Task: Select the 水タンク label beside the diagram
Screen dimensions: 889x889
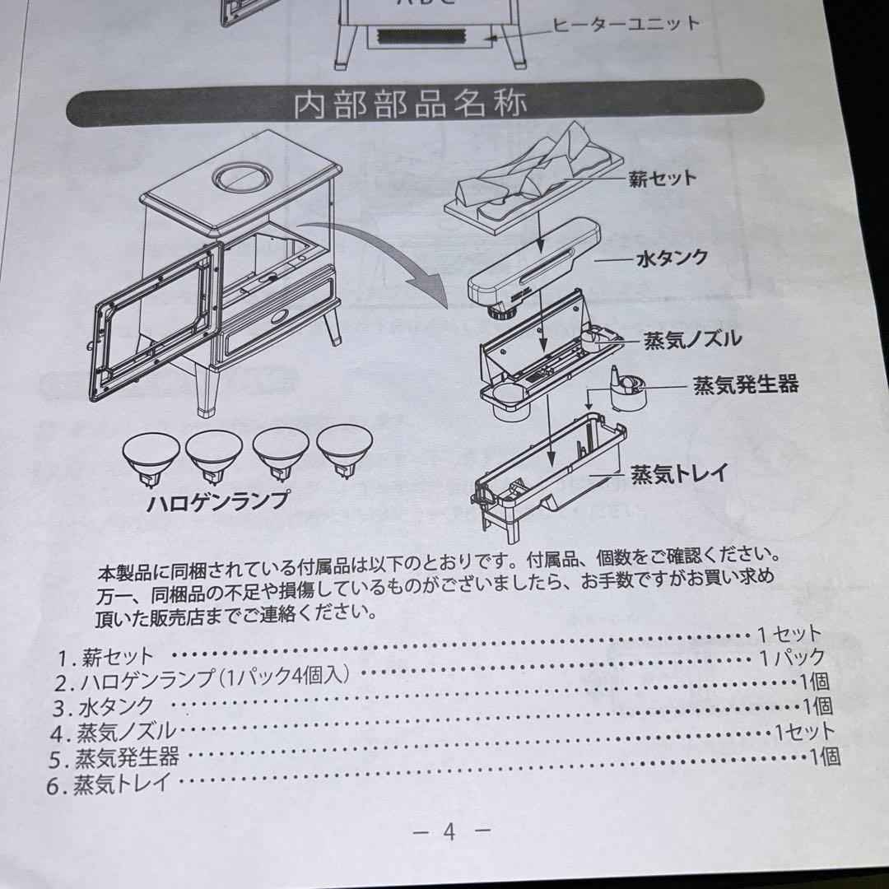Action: [x=671, y=258]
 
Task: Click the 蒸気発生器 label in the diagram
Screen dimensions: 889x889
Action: [x=745, y=384]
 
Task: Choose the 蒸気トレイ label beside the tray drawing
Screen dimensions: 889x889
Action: [x=678, y=475]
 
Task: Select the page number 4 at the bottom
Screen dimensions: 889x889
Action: [x=449, y=832]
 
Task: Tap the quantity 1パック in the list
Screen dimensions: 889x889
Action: [x=792, y=658]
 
